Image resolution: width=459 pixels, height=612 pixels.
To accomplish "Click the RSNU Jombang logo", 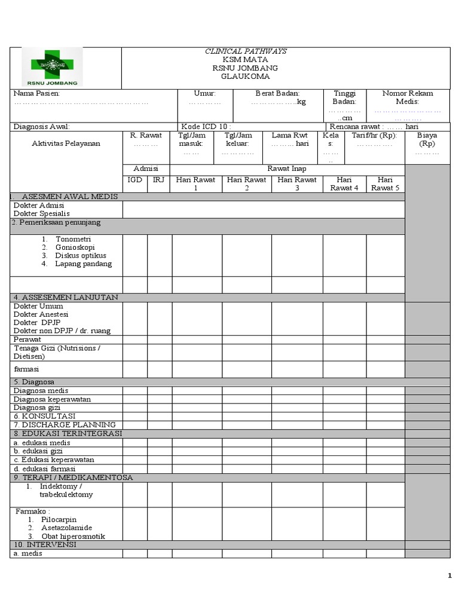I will (x=52, y=67).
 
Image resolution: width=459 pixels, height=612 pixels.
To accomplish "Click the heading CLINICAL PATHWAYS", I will (x=245, y=51).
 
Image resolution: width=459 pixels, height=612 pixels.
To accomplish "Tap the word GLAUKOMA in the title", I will (x=245, y=76).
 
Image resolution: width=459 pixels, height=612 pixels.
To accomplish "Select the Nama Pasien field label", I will (x=37, y=94).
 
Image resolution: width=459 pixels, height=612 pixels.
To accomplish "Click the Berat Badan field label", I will (x=277, y=94).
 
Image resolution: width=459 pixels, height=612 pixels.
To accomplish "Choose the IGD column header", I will (x=135, y=180).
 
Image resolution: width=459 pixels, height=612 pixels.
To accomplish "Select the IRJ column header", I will (x=158, y=180).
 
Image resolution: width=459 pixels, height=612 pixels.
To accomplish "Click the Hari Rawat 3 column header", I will (x=297, y=184).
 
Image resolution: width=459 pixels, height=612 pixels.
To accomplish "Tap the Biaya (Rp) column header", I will (x=427, y=140).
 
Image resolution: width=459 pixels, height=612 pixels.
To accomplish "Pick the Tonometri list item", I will (x=73, y=239).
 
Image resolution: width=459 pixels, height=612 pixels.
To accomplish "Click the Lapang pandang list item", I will (x=83, y=264).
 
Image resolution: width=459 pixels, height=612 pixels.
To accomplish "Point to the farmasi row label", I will (x=26, y=370).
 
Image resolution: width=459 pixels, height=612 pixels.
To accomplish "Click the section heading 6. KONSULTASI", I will (x=44, y=416).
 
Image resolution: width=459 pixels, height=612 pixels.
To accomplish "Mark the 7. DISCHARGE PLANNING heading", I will (x=65, y=424).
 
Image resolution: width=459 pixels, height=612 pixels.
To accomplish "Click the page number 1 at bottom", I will (x=449, y=576).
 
